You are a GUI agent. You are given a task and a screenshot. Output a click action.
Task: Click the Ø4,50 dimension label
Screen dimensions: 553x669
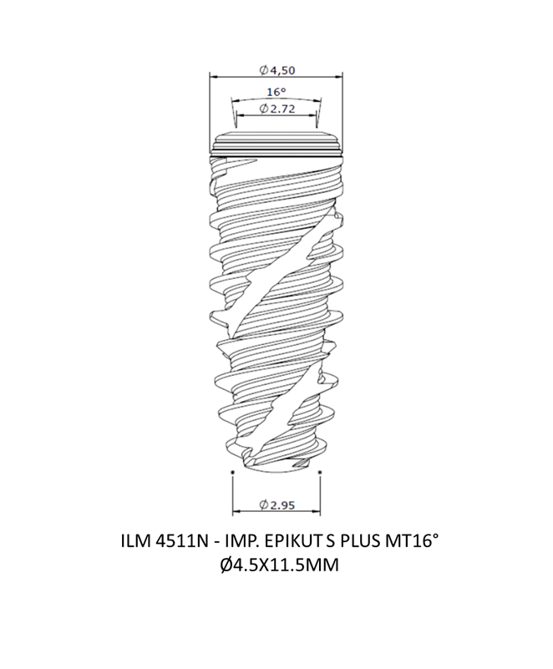coord(277,70)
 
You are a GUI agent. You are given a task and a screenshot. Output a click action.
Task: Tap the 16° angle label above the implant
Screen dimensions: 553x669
coord(276,92)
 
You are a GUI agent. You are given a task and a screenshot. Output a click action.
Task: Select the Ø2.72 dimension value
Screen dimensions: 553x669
coord(276,109)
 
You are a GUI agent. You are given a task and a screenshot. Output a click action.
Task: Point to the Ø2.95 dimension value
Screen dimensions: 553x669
coord(276,505)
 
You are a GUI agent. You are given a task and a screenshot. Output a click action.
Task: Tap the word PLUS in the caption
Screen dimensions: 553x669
coord(361,541)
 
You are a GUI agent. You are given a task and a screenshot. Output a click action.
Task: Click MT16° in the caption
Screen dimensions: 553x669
coord(412,541)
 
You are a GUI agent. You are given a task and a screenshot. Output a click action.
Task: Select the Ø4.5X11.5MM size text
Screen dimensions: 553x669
coord(280,565)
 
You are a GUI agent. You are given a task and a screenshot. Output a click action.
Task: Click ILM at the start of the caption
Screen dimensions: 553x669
coord(135,541)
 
